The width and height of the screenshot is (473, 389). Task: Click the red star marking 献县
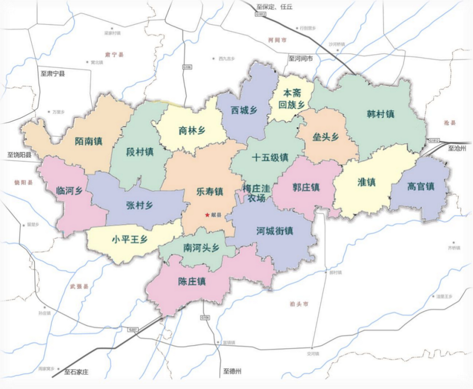(x=207, y=215)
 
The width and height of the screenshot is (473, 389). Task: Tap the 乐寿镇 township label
(x=210, y=191)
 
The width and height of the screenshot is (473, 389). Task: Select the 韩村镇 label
(x=381, y=114)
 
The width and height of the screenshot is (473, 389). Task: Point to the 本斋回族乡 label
(x=292, y=99)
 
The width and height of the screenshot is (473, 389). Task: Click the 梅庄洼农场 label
(x=256, y=193)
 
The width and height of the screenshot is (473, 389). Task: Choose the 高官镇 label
(x=421, y=186)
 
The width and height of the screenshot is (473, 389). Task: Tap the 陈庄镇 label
(x=192, y=281)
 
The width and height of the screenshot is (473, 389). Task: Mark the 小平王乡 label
(x=130, y=239)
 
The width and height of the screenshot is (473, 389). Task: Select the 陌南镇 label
(x=89, y=141)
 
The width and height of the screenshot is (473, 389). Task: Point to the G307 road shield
(x=133, y=329)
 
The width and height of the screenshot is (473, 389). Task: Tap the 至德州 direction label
(x=232, y=371)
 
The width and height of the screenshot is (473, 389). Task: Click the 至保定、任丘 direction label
(x=274, y=7)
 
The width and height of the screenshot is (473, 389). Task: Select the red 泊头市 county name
(x=299, y=304)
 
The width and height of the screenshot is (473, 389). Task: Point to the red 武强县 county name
(x=79, y=287)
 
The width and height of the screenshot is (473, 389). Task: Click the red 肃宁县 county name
(x=114, y=55)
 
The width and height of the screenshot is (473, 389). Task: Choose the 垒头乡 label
(x=326, y=137)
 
